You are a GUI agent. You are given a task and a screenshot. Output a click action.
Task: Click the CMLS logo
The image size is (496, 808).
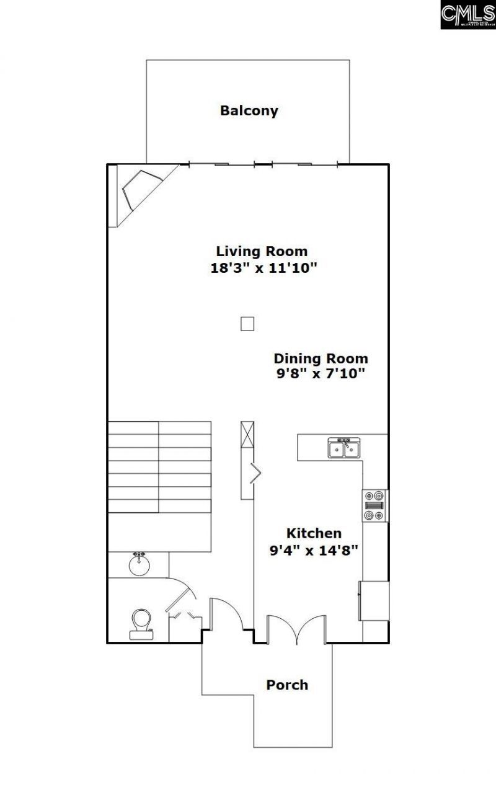click(x=467, y=14)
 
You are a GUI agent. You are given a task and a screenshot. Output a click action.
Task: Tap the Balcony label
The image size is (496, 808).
click(x=249, y=111)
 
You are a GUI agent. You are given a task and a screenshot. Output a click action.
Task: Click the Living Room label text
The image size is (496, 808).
click(x=262, y=251)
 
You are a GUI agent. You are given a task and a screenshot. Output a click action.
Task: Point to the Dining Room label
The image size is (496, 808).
click(x=321, y=358)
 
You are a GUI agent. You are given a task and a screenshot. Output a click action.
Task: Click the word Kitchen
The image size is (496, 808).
click(x=313, y=533)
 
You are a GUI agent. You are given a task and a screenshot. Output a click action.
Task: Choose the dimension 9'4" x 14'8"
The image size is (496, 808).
click(x=314, y=549)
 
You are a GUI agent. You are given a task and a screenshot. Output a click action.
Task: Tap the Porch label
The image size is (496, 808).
click(x=286, y=685)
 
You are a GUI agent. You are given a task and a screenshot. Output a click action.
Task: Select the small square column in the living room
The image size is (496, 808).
click(x=247, y=323)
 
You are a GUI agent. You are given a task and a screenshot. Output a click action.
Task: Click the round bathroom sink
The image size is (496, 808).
click(x=139, y=565)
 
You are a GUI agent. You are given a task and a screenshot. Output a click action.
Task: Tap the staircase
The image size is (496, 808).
click(x=159, y=467)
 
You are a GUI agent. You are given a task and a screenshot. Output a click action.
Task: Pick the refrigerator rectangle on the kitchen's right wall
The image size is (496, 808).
click(x=374, y=600)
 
